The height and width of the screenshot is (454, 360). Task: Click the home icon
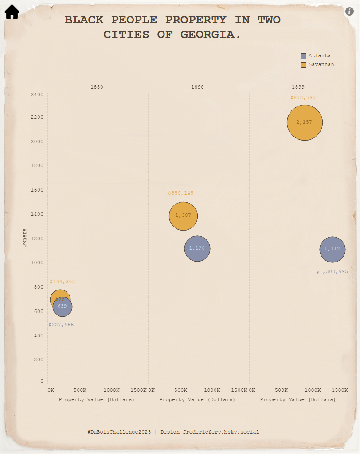coord(12,12)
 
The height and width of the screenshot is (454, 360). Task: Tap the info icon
coord(349,12)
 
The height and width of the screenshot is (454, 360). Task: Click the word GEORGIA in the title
coord(211,35)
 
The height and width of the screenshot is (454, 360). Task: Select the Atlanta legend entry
coord(316,56)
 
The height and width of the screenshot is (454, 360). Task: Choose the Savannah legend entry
coord(317,65)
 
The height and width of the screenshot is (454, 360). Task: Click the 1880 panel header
coord(97,87)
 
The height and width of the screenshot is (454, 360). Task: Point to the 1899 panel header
coord(298,87)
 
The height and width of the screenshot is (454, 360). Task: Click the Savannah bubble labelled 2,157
coord(305,122)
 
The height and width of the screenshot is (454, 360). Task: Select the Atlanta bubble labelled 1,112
coord(332,250)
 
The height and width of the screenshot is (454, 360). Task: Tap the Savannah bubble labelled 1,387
coord(183,216)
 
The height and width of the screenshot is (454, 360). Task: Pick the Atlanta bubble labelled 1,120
coord(197,249)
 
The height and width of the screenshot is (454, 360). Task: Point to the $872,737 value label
coord(303,98)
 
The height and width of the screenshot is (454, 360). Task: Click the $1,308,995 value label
coord(332,271)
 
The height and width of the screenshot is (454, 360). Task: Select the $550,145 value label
coord(181,193)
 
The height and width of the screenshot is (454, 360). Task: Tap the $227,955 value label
coord(61,325)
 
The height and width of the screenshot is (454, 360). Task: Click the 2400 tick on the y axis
coord(37,94)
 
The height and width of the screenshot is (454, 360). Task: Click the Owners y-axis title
coord(25,238)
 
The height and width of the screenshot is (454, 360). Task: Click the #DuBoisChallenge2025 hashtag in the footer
coord(119,432)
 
